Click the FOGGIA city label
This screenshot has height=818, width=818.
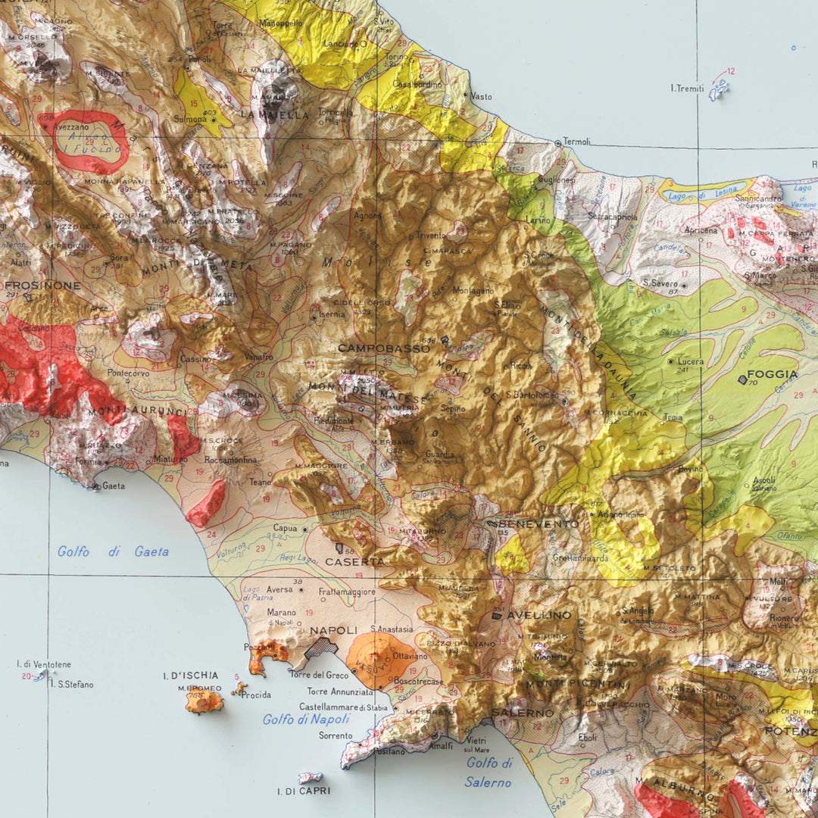[773, 374]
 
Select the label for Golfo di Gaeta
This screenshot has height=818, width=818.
[113, 551]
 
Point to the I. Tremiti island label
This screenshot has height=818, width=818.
[687, 88]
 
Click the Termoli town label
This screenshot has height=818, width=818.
[577, 142]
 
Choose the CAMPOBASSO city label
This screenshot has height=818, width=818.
[384, 348]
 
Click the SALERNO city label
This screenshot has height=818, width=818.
[523, 713]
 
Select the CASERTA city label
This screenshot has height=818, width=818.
[354, 562]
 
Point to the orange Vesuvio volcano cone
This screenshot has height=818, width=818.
[381, 659]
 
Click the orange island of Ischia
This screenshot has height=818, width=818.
[204, 701]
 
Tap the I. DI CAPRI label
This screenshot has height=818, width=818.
[304, 791]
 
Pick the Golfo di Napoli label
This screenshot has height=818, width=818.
[306, 720]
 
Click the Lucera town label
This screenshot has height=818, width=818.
[691, 362]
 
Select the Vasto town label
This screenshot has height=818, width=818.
[481, 97]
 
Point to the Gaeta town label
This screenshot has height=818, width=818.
[114, 485]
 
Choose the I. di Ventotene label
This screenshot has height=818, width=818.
[44, 664]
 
